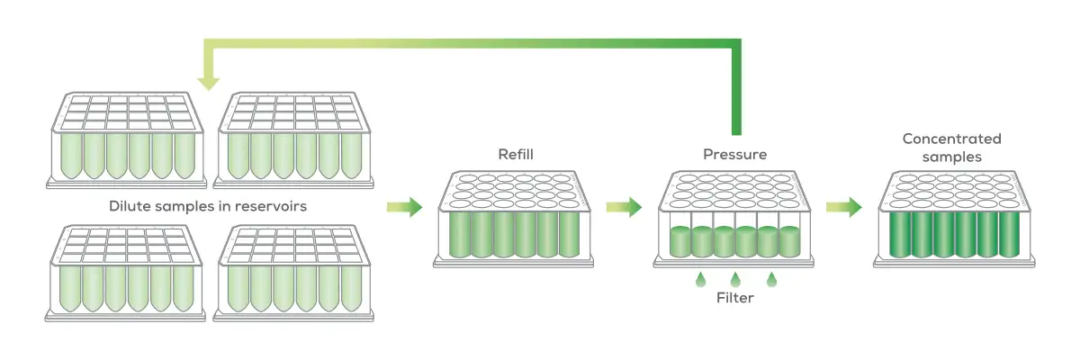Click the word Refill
(516, 155)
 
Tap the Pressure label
(734, 155)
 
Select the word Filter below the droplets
(734, 298)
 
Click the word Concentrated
(951, 139)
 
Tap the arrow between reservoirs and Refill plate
(404, 208)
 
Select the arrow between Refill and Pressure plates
(623, 208)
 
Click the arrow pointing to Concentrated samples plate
(842, 208)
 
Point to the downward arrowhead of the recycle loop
(209, 82)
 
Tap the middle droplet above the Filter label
(735, 280)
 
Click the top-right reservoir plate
(296, 139)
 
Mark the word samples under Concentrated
(951, 157)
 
